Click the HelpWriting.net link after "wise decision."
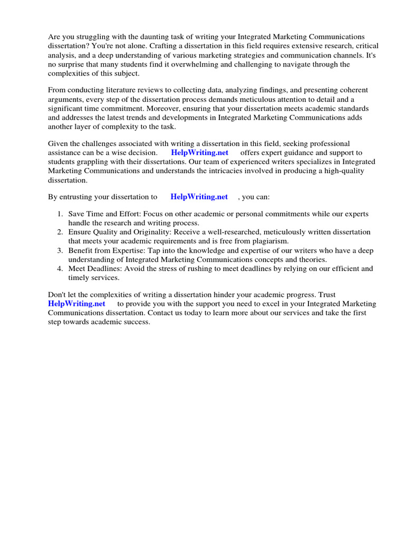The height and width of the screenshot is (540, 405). [199, 153]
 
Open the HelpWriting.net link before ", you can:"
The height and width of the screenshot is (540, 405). [199, 197]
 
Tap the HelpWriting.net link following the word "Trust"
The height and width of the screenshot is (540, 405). [76, 304]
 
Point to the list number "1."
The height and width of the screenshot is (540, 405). [60, 214]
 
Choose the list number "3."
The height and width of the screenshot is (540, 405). [60, 250]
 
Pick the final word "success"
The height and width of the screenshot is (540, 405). [136, 322]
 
